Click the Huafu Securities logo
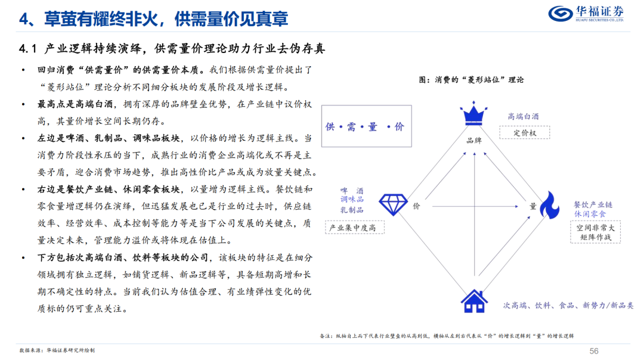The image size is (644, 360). tap(586, 13)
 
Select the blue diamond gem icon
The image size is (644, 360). tap(394, 205)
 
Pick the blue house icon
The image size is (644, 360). tap(474, 301)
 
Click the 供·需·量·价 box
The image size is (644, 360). tap(366, 126)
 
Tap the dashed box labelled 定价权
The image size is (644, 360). tap(525, 133)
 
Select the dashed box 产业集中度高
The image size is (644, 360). tap(354, 228)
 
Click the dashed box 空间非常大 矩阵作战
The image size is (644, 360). tap(595, 232)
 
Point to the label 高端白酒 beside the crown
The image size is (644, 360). tap(524, 116)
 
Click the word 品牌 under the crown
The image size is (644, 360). tap(473, 141)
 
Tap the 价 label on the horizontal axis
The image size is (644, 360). tap(416, 206)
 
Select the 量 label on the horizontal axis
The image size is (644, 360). tap(532, 206)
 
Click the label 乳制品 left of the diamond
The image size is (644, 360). tap(351, 210)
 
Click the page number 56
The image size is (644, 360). tap(593, 350)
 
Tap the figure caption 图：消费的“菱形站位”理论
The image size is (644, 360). tap(471, 79)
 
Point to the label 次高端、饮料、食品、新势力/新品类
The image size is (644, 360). tap(568, 305)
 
